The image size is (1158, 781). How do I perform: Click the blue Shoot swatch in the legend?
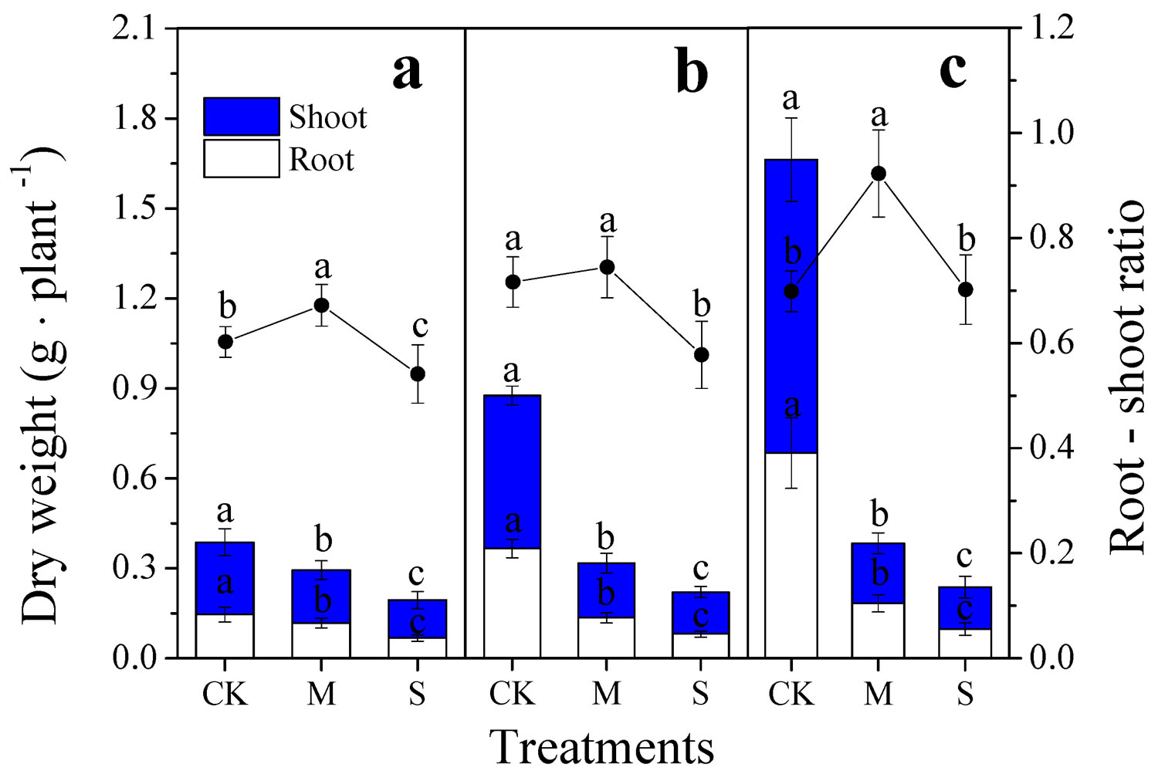point(241,117)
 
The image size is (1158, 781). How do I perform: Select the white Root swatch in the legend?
point(241,158)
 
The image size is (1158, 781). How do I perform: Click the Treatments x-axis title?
point(601,747)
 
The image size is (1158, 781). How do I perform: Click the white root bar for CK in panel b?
point(512,603)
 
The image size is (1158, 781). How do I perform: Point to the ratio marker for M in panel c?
point(878,174)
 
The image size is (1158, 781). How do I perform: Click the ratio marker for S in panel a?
point(417,374)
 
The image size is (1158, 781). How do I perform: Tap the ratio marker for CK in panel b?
point(512,282)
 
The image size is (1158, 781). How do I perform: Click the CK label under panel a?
point(225,695)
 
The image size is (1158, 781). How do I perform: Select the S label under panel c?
point(964,695)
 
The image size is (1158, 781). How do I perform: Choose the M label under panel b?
point(606,695)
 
